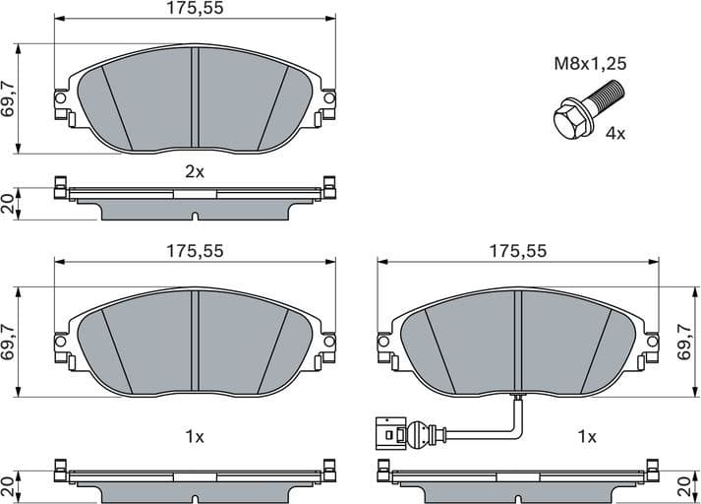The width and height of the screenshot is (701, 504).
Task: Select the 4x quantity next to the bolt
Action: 615,133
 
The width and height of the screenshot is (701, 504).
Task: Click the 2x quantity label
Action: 195,171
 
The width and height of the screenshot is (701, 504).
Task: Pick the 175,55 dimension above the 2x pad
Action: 195,9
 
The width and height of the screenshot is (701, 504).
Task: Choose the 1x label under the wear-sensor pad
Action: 587,435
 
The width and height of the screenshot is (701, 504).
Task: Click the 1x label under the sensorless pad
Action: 195,435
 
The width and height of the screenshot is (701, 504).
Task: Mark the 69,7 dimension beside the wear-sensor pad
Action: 685,343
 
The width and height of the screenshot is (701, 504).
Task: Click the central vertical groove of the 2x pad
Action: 195,98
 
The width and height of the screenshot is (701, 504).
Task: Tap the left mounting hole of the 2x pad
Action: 61,98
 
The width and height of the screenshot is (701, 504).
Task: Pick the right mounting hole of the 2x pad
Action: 329,98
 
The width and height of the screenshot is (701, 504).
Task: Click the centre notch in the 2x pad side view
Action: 195,217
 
